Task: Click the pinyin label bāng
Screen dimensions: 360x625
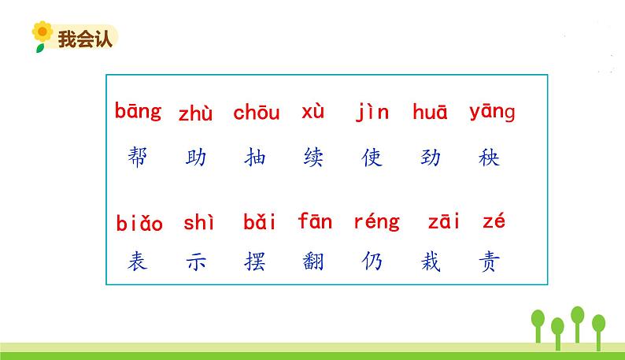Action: [138, 112]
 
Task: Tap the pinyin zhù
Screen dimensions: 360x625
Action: [195, 113]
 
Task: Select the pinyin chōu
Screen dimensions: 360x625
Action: [256, 113]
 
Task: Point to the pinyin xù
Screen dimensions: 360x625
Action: [312, 112]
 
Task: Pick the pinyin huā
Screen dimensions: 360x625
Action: [430, 113]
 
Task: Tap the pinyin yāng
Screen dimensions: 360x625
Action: [492, 113]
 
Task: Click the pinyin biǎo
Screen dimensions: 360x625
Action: [139, 224]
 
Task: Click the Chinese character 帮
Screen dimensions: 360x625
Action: [138, 158]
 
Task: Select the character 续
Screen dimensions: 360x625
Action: [313, 158]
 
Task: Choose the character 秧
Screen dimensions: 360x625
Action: [489, 158]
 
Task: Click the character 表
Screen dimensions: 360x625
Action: [137, 261]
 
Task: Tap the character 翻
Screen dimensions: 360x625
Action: [313, 261]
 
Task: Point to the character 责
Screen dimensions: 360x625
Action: [489, 261]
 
